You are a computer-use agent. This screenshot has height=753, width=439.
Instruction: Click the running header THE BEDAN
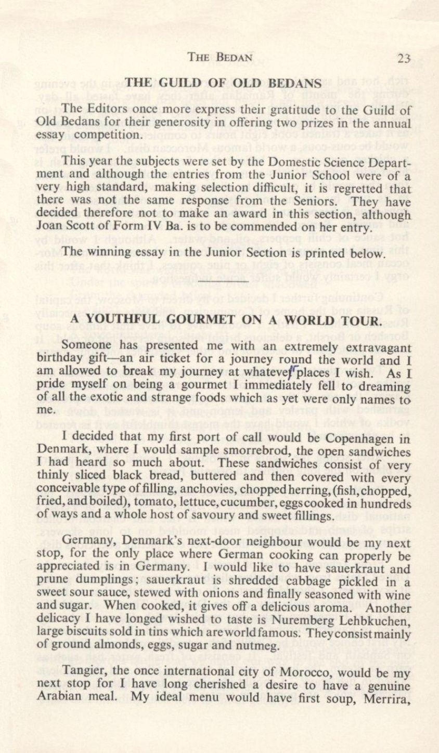coord(221,58)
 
